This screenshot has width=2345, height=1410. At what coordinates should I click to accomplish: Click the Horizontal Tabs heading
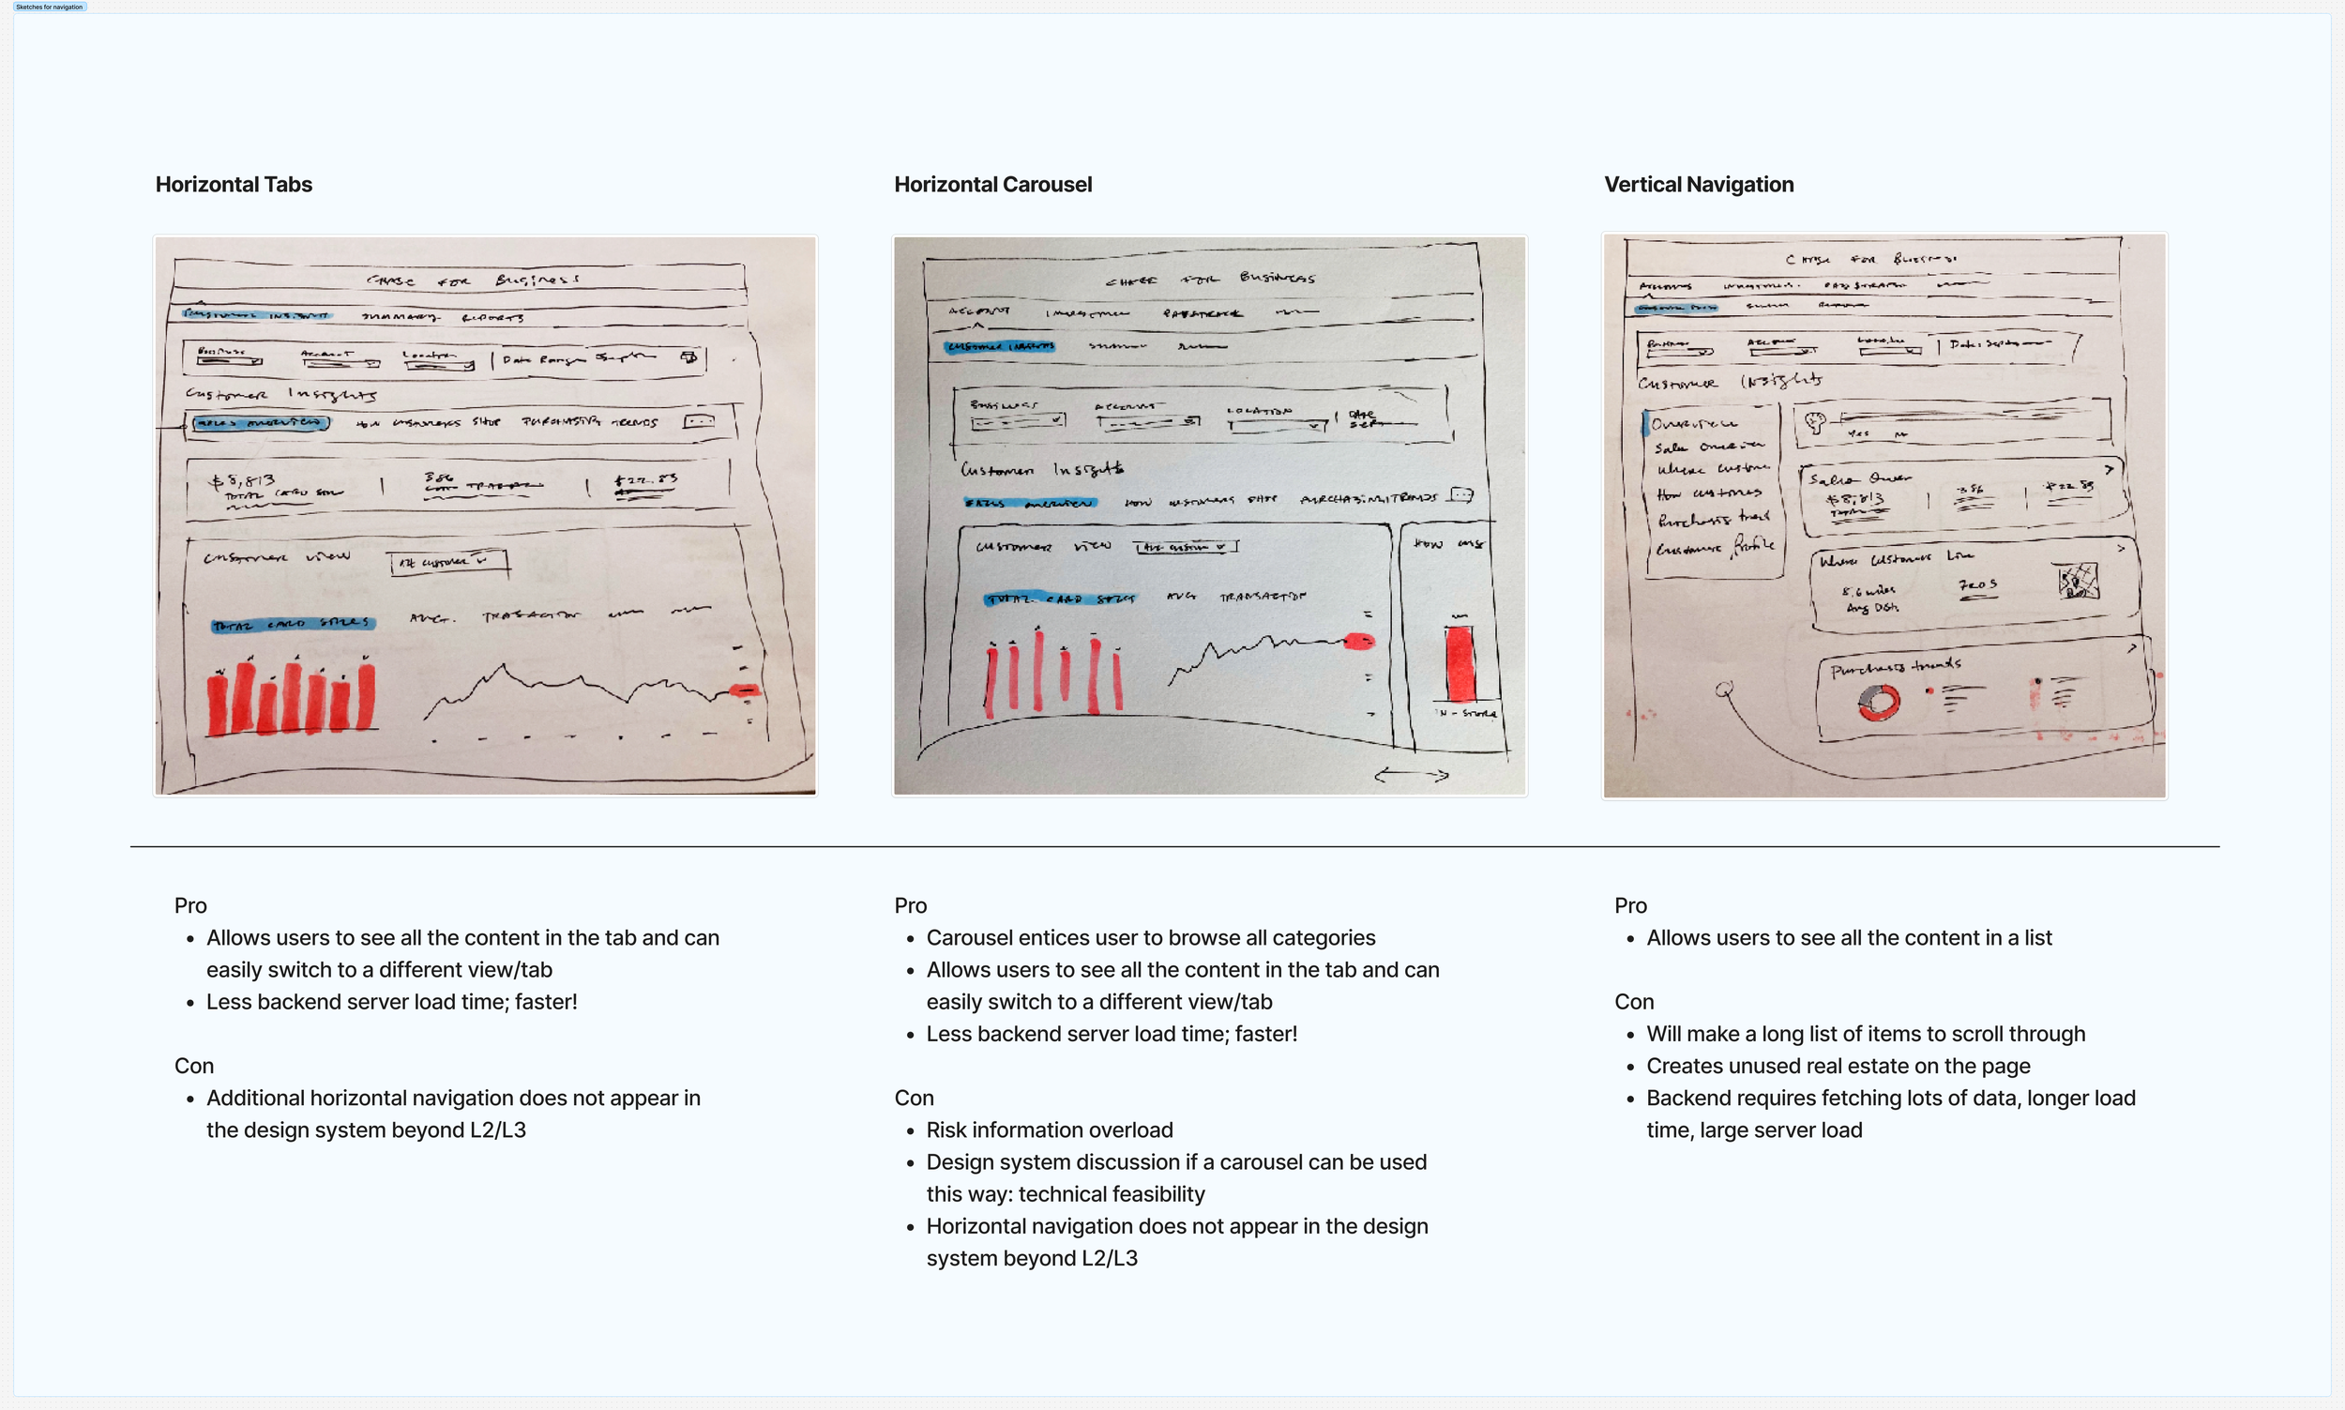(234, 184)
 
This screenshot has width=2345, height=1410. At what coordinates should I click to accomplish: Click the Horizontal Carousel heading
(992, 184)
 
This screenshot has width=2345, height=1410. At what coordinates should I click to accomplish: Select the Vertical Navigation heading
(1698, 184)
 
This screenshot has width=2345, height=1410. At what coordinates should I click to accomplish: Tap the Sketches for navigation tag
(50, 7)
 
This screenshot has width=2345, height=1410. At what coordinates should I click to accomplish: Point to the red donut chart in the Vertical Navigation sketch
(1878, 703)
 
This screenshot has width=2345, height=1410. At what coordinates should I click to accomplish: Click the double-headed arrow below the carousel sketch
(1412, 776)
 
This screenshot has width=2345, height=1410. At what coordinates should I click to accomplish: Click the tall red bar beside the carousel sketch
(1460, 662)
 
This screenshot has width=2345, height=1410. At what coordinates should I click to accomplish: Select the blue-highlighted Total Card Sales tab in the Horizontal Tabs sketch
(293, 624)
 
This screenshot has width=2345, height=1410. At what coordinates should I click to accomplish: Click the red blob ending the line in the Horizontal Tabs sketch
(745, 690)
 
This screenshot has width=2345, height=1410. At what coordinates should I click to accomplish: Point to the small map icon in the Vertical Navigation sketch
(2077, 581)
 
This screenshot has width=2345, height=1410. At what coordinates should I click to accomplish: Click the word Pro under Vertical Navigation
(1630, 905)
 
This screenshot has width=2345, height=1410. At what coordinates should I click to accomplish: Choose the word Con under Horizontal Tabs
(194, 1066)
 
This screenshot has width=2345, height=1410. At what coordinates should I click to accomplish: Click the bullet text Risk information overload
(1050, 1130)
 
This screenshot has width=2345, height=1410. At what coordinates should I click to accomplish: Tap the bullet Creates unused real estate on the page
(1838, 1066)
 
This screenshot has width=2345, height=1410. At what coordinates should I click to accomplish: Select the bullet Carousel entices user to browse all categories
(1150, 938)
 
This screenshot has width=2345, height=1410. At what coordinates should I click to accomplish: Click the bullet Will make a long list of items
(1866, 1034)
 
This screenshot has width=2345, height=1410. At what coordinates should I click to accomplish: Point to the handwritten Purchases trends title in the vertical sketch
(1895, 667)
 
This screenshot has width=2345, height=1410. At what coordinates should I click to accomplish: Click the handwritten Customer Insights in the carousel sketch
(1042, 469)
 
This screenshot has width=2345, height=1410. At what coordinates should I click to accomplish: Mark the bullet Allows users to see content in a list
(1848, 938)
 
